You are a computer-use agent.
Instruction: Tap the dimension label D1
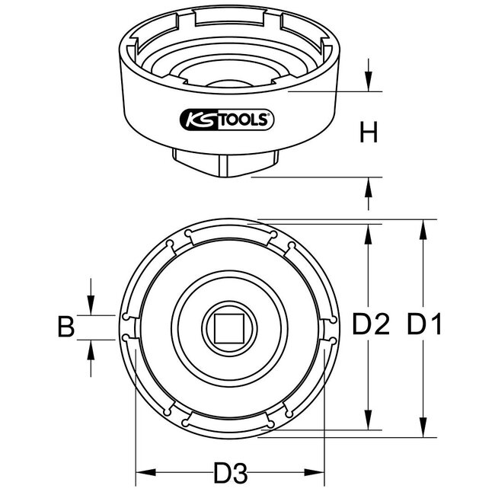[424, 327]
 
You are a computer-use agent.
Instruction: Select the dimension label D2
[371, 327]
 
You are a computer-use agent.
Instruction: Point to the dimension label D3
[232, 474]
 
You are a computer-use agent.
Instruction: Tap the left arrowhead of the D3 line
[142, 474]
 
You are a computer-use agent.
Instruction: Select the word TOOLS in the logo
[242, 118]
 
